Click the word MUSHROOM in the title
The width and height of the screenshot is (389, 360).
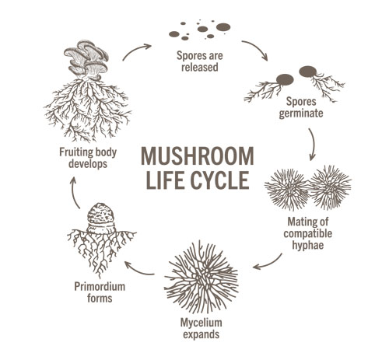point(194,156)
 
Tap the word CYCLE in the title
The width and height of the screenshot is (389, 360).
point(223,180)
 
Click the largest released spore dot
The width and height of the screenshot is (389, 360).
point(223,27)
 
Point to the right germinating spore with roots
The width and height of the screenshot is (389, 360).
point(310,73)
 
